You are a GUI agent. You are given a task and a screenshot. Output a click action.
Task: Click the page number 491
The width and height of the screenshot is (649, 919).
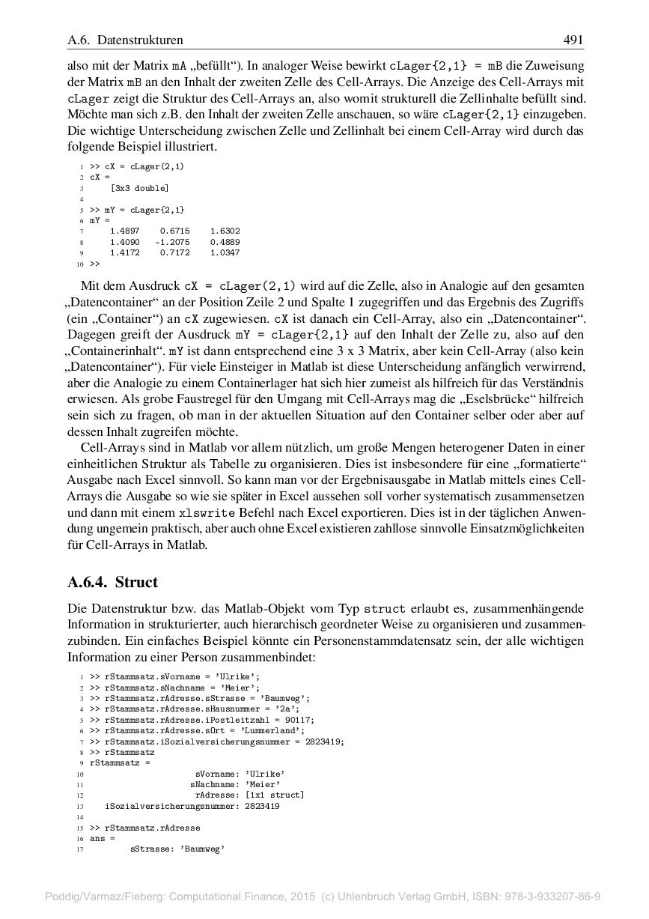click(x=573, y=40)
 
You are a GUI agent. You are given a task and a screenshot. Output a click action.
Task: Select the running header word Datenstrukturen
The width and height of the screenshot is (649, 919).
click(x=140, y=40)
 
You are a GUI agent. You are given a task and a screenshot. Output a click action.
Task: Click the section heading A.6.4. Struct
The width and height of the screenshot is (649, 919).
click(x=112, y=582)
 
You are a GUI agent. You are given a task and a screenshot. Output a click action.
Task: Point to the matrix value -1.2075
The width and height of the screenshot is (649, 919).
click(x=172, y=243)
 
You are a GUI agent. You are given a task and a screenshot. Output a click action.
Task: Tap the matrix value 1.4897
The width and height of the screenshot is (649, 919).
click(x=124, y=231)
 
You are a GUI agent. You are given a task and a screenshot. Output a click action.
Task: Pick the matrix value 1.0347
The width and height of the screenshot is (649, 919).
click(x=225, y=253)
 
